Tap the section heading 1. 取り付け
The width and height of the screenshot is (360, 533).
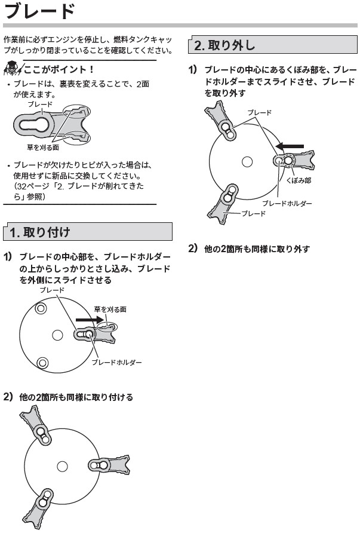(41, 232)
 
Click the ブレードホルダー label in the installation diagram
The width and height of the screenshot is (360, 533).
(116, 363)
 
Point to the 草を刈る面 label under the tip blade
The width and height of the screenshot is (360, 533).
(43, 146)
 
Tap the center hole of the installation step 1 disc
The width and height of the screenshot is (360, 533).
(57, 335)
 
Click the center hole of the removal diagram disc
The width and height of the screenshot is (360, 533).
(247, 161)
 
